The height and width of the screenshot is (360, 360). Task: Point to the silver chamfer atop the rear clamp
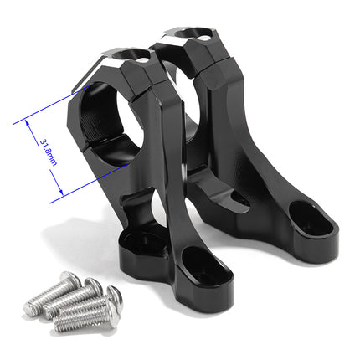pyautogui.click(x=179, y=34)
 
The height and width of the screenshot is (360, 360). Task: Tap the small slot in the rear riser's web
pyautogui.click(x=239, y=199)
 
